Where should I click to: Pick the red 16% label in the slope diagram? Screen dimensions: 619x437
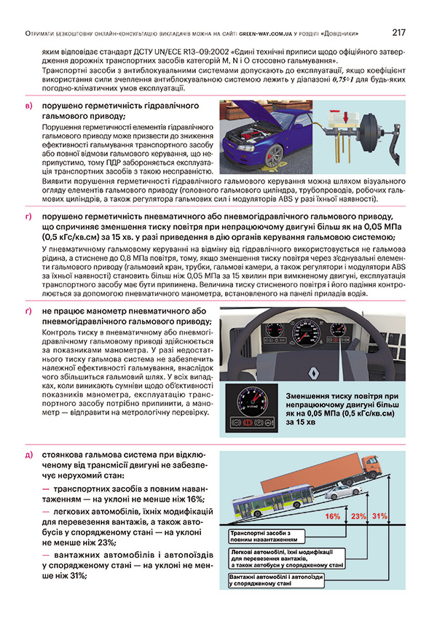(x=333, y=516)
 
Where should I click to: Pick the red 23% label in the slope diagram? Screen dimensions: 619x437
(x=358, y=516)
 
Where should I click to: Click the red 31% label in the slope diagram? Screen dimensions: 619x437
(x=379, y=516)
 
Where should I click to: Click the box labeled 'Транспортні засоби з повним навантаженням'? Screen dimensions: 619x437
(x=262, y=537)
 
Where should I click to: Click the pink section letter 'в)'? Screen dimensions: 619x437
(x=28, y=107)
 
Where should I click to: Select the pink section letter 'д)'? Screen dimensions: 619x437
(x=28, y=455)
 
